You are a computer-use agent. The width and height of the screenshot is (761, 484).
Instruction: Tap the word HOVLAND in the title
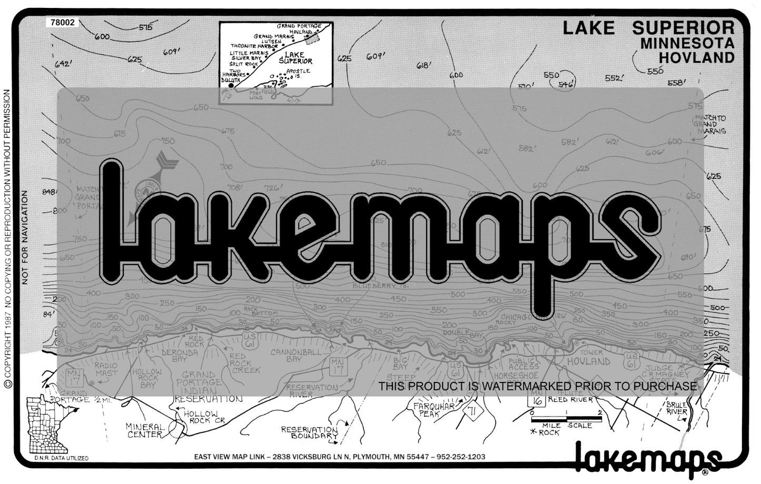pyautogui.click(x=696, y=57)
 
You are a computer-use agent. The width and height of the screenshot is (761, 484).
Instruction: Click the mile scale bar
pyautogui.click(x=566, y=419)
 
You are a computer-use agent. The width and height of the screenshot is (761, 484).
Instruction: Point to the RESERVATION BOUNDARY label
pyautogui.click(x=309, y=432)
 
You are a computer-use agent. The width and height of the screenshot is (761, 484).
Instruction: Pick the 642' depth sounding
pyautogui.click(x=62, y=64)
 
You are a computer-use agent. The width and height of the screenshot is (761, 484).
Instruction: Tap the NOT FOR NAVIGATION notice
pyautogui.click(x=24, y=238)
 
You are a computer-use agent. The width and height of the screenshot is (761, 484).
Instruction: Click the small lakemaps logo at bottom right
pyautogui.click(x=647, y=457)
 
